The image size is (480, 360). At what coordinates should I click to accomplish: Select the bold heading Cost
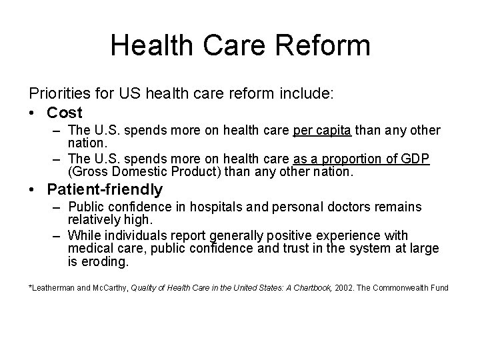(x=65, y=113)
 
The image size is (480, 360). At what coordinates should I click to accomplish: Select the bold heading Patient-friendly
(x=105, y=190)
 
